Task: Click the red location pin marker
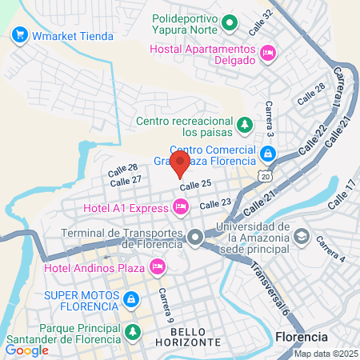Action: tap(180, 163)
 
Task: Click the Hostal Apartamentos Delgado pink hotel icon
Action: tap(267, 53)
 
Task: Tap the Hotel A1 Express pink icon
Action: tap(181, 207)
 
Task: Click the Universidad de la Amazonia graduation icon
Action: tap(302, 237)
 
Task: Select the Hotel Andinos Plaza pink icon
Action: tap(158, 265)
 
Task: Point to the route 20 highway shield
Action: tap(264, 175)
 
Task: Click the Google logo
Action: tap(26, 350)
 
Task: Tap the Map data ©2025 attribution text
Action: tap(325, 354)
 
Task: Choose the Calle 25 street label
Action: tap(195, 185)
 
